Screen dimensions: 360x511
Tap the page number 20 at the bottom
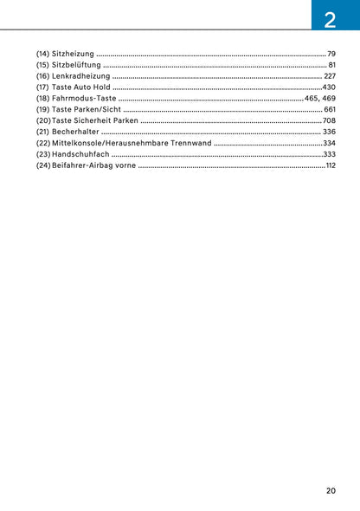[x=331, y=490]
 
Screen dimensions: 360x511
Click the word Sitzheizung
[x=73, y=54]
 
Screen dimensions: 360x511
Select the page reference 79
[x=331, y=54]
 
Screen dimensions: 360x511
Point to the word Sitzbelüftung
[x=76, y=65]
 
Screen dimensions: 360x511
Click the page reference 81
[x=331, y=65]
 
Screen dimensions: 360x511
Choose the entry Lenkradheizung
[x=79, y=76]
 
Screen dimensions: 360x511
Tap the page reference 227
[x=329, y=76]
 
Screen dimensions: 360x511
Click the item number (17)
[x=42, y=87]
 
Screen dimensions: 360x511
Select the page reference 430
[x=329, y=87]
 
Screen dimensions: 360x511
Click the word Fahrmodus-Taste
[x=84, y=99]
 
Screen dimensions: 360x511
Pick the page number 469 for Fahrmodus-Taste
[x=329, y=99]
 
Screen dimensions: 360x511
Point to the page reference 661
[x=329, y=110]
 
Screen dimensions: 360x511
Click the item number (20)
[x=43, y=120]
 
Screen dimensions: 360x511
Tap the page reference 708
[x=329, y=120]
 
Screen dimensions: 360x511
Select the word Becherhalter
[x=75, y=132]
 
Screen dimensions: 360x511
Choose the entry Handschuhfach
[x=80, y=154]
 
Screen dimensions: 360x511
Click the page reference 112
[x=330, y=165]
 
